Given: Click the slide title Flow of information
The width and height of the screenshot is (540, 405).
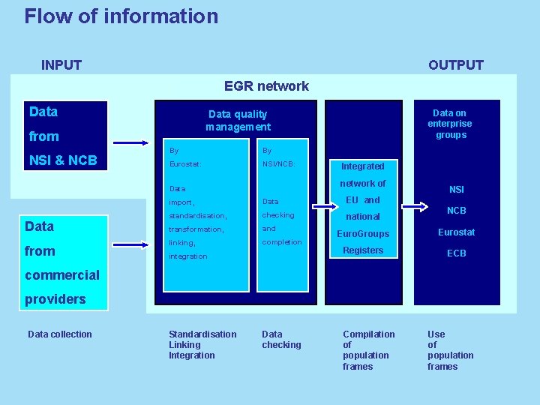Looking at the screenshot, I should coord(121,16).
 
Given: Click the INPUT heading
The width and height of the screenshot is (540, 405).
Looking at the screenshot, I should coord(61,65).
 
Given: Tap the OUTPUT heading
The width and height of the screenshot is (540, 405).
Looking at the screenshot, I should coord(455,65).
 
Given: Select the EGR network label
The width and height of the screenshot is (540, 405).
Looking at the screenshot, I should coord(266,86).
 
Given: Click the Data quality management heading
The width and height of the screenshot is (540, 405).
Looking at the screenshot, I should coord(238,121).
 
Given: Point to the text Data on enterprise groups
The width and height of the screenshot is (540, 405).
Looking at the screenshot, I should coord(450,124).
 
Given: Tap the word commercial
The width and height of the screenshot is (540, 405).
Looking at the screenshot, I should coord(62,274).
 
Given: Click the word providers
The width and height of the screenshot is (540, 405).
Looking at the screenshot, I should coord(55,298).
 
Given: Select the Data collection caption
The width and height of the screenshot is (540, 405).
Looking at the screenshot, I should coord(60,334).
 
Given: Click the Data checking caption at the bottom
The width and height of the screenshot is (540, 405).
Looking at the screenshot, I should coord(281,340).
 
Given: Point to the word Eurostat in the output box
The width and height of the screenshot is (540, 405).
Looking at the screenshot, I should coord(456,232).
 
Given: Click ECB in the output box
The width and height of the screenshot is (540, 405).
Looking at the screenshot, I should coord(456,253).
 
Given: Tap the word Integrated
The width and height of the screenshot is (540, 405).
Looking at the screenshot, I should coord(362,166).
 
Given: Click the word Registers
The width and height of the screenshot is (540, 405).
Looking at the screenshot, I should coord(363,250).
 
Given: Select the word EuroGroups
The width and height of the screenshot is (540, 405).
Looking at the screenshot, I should coord(362,234).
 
